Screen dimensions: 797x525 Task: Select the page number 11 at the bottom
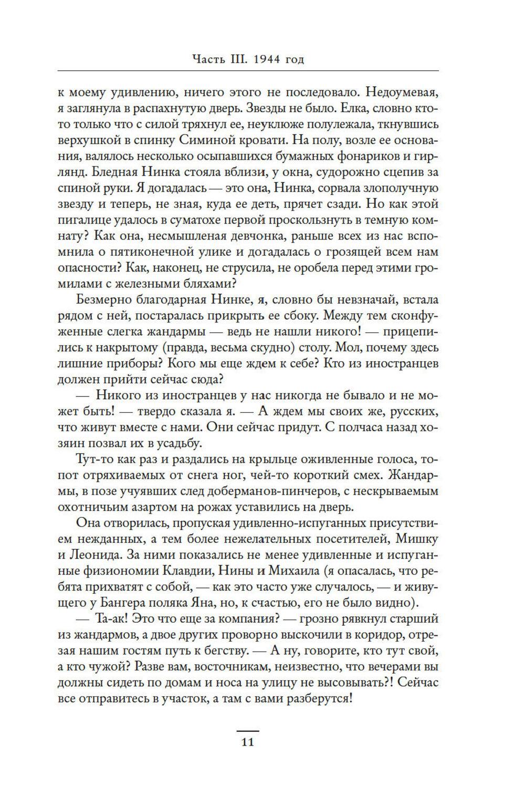point(247,742)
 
